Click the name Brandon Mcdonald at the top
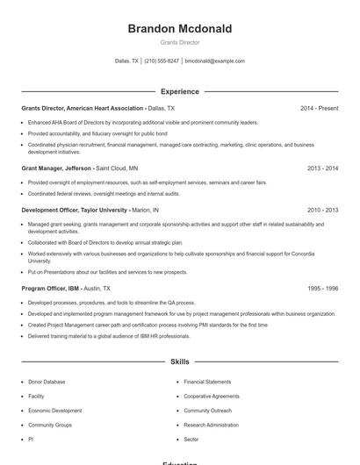pyautogui.click(x=180, y=29)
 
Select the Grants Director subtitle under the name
pyautogui.click(x=180, y=42)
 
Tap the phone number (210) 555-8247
pyautogui.click(x=162, y=61)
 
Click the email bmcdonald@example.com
pyautogui.click(x=215, y=61)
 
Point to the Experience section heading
pyautogui.click(x=180, y=91)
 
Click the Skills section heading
pyautogui.click(x=180, y=361)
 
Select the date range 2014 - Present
pyautogui.click(x=319, y=108)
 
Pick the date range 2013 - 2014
pyautogui.click(x=322, y=168)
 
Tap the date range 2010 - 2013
pyautogui.click(x=322, y=211)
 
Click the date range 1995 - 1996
pyautogui.click(x=322, y=288)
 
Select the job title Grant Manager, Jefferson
pyautogui.click(x=56, y=168)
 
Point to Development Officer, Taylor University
pyautogui.click(x=75, y=211)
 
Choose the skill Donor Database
pyautogui.click(x=47, y=382)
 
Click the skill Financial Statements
pyautogui.click(x=207, y=382)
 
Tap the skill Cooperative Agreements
pyautogui.click(x=211, y=396)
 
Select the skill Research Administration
pyautogui.click(x=211, y=425)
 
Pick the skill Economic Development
pyautogui.click(x=54, y=411)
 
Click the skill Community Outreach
pyautogui.click(x=207, y=411)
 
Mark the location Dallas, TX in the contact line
pyautogui.click(x=126, y=61)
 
